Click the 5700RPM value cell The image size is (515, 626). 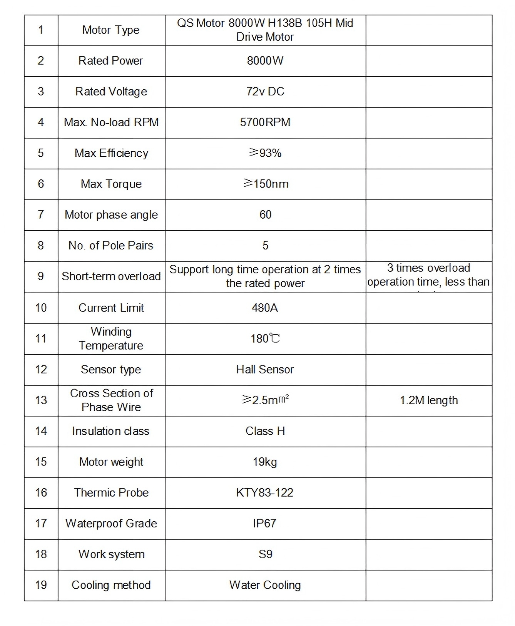[x=265, y=122]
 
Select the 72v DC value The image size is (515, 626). [x=265, y=92]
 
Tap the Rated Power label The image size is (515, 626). [x=111, y=61]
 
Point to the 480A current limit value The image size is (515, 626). [x=265, y=308]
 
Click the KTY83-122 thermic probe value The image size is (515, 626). [x=265, y=493]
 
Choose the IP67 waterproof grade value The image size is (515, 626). [x=265, y=524]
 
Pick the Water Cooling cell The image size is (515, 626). [x=265, y=585]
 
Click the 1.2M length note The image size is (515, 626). [x=429, y=400]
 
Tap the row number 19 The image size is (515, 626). [x=41, y=585]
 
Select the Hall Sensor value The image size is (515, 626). [x=265, y=370]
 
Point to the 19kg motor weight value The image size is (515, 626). [x=265, y=462]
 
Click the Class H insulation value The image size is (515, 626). [x=265, y=431]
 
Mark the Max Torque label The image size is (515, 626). [x=111, y=184]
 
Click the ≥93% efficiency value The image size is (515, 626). [x=265, y=153]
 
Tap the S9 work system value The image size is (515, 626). [x=265, y=554]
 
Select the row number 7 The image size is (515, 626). [x=41, y=215]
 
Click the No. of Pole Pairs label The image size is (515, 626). [x=111, y=246]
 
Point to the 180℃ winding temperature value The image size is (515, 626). [x=265, y=339]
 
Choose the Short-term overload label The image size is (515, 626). [x=111, y=276]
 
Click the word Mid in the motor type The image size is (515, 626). [x=344, y=23]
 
